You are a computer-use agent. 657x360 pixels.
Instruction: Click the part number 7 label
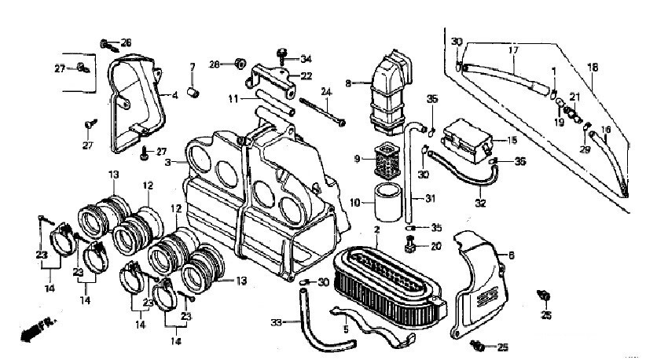pyautogui.click(x=193, y=67)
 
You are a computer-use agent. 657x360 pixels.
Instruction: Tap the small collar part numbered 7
pyautogui.click(x=193, y=92)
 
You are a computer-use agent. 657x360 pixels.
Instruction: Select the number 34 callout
pyautogui.click(x=306, y=59)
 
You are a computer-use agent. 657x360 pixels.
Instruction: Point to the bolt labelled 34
pyautogui.click(x=282, y=55)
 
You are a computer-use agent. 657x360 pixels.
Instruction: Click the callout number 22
pyautogui.click(x=306, y=76)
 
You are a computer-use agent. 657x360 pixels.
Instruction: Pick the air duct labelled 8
pyautogui.click(x=391, y=93)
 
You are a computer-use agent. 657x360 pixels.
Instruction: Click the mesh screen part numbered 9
pyautogui.click(x=386, y=160)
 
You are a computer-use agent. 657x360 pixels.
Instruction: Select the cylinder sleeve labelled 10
pyautogui.click(x=387, y=202)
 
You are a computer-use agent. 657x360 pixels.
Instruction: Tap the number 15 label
pyautogui.click(x=512, y=140)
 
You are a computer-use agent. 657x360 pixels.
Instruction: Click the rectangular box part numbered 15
pyautogui.click(x=467, y=141)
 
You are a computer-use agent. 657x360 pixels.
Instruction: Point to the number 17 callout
pyautogui.click(x=514, y=50)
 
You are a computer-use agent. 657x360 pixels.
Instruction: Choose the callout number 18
pyautogui.click(x=593, y=67)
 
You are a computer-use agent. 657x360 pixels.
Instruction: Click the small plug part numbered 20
pyautogui.click(x=410, y=244)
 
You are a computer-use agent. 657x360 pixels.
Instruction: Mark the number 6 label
pyautogui.click(x=511, y=255)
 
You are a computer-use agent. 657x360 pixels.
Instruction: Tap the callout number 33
pyautogui.click(x=276, y=322)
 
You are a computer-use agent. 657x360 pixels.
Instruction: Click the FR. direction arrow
pyautogui.click(x=39, y=329)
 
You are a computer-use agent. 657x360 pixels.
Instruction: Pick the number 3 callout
pyautogui.click(x=168, y=162)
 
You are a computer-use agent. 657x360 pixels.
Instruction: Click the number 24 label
pyautogui.click(x=327, y=91)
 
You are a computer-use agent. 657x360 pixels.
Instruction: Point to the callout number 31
pyautogui.click(x=431, y=198)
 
